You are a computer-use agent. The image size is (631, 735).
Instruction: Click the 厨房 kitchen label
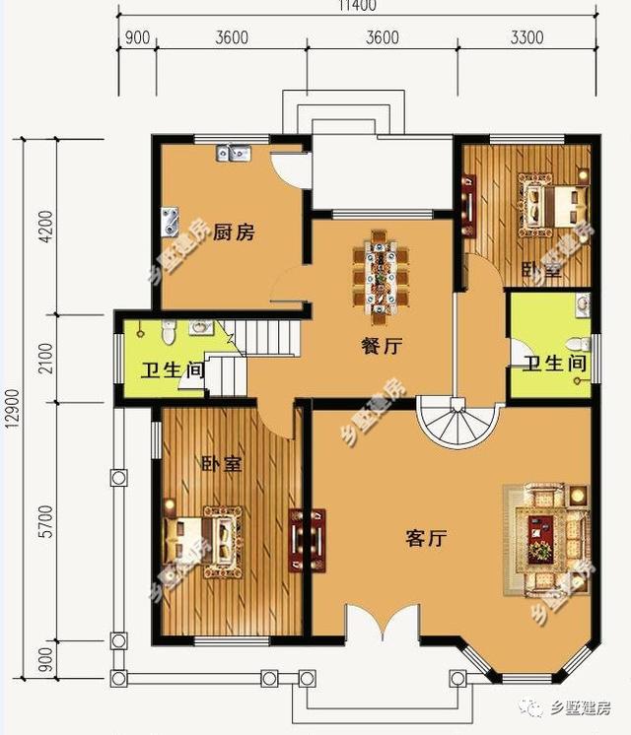click(235, 233)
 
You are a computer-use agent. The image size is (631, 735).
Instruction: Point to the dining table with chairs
click(380, 271)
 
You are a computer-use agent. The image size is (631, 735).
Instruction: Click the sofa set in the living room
click(546, 537)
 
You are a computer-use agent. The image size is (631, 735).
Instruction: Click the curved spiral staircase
click(449, 423)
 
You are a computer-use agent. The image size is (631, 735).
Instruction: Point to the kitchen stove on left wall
click(172, 219)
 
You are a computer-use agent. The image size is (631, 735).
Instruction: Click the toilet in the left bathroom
click(169, 334)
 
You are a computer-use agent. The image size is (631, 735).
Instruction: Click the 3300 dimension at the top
click(527, 38)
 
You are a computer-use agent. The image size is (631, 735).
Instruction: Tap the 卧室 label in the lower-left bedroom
click(221, 464)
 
